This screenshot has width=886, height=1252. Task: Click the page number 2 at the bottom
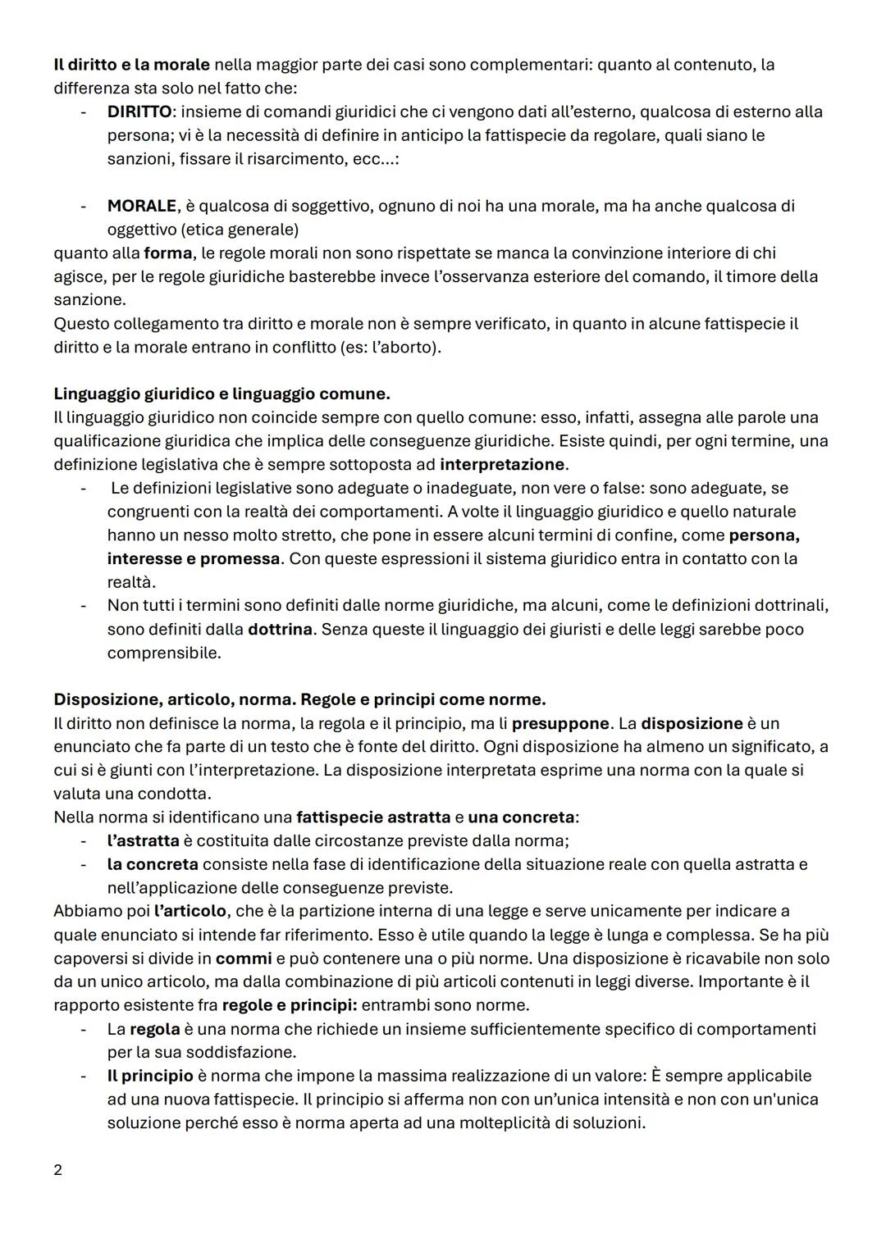point(57,1170)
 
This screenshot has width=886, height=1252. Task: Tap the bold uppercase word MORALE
point(142,206)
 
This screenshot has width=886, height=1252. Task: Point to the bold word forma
point(167,253)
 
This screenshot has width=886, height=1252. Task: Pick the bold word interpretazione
point(502,465)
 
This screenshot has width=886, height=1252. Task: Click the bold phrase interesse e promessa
point(194,558)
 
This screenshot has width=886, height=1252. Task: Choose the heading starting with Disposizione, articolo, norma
point(299,699)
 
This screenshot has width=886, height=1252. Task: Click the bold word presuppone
point(560,724)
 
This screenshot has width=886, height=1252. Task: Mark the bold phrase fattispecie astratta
point(372,817)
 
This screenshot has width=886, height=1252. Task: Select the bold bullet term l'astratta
point(143,840)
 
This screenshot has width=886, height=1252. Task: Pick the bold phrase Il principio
point(150,1076)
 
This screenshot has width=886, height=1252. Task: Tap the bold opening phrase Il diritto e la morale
point(131,64)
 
